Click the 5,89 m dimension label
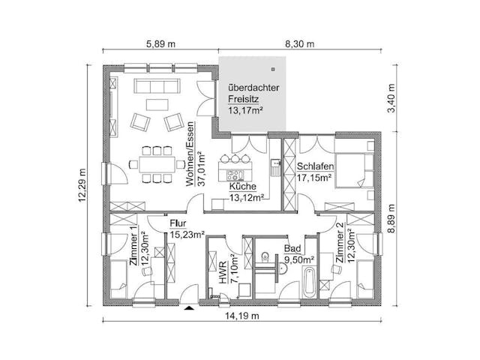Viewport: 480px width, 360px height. coord(161,44)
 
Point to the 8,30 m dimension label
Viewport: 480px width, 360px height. coord(300,44)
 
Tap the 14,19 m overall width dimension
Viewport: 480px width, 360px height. coord(242,316)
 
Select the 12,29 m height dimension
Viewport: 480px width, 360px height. coord(82,185)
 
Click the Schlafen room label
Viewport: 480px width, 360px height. coord(315,166)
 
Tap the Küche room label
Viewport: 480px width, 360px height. coord(243,186)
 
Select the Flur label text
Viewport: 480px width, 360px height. coord(178,223)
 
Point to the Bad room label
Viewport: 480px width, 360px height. coord(292,248)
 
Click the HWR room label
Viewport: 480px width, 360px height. coord(223,272)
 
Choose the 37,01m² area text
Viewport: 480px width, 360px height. coord(202,169)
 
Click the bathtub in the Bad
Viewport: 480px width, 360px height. coord(309,282)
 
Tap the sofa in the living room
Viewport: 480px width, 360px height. coord(157,86)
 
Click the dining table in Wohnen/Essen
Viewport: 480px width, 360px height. coord(157,164)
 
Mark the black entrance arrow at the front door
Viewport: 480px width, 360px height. coord(189,307)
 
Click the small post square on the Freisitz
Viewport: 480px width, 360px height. coord(273,69)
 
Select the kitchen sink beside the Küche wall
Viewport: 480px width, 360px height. coord(275,167)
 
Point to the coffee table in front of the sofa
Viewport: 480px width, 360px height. coord(157,104)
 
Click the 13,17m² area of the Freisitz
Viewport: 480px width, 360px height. coord(245,111)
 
